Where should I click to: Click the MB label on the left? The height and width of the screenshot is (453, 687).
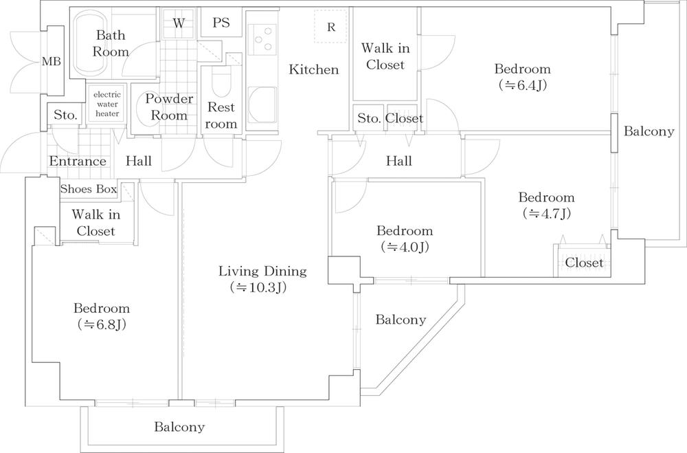(x=52, y=62)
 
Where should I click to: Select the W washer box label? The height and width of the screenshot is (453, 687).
(x=179, y=23)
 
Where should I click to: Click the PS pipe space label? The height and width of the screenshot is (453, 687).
(x=221, y=23)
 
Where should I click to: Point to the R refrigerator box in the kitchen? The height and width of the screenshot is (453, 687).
(x=331, y=27)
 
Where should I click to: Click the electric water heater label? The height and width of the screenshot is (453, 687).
(x=106, y=104)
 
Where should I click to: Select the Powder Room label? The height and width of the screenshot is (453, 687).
(x=168, y=107)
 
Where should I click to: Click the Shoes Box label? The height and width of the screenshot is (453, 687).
(x=88, y=189)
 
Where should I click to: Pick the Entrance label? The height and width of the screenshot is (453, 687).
(x=78, y=162)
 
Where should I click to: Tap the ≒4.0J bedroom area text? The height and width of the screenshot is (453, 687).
(x=404, y=247)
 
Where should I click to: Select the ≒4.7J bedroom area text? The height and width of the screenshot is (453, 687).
(x=546, y=213)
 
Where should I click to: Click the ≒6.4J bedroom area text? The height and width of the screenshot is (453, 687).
(x=522, y=85)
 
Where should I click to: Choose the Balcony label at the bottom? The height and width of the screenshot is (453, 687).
(x=179, y=427)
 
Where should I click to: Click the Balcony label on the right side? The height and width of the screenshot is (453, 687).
(x=649, y=132)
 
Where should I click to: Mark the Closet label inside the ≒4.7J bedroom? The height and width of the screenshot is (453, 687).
(x=584, y=263)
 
